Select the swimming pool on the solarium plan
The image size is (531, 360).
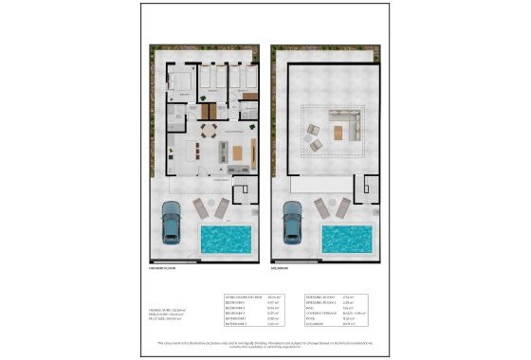pos(346,239)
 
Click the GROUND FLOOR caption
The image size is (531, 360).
pos(162,268)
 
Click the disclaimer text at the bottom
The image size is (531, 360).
pos(265,344)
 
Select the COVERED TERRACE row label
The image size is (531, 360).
pos(319,314)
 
